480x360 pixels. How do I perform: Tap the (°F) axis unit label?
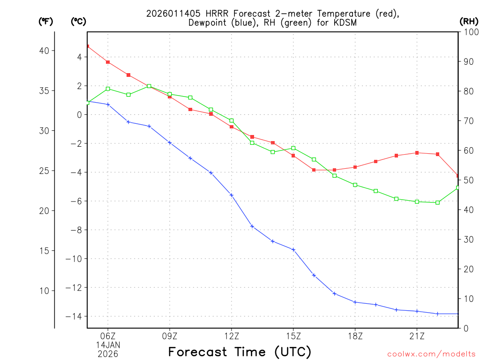pyautogui.click(x=45, y=22)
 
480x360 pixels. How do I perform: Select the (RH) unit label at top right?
pyautogui.click(x=468, y=22)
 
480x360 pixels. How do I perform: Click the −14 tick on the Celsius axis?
pyautogui.click(x=75, y=316)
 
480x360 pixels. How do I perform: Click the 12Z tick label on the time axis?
pyautogui.click(x=232, y=336)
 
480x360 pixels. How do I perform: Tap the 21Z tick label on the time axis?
pyautogui.click(x=417, y=336)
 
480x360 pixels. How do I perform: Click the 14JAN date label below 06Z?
pyautogui.click(x=108, y=345)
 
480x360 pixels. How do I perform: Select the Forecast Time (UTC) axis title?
pyautogui.click(x=240, y=352)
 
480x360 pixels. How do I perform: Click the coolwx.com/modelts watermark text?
pyautogui.click(x=431, y=354)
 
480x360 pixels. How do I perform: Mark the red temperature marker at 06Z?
pyautogui.click(x=108, y=62)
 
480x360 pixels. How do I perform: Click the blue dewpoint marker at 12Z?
pyautogui.click(x=232, y=195)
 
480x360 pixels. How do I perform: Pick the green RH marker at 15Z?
pyautogui.click(x=293, y=148)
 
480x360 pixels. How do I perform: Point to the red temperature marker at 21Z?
pyautogui.click(x=417, y=153)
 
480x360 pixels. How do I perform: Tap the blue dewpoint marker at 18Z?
pyautogui.click(x=355, y=302)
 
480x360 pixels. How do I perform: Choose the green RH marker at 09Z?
pyautogui.click(x=170, y=94)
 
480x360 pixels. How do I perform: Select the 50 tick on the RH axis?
pyautogui.click(x=467, y=180)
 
